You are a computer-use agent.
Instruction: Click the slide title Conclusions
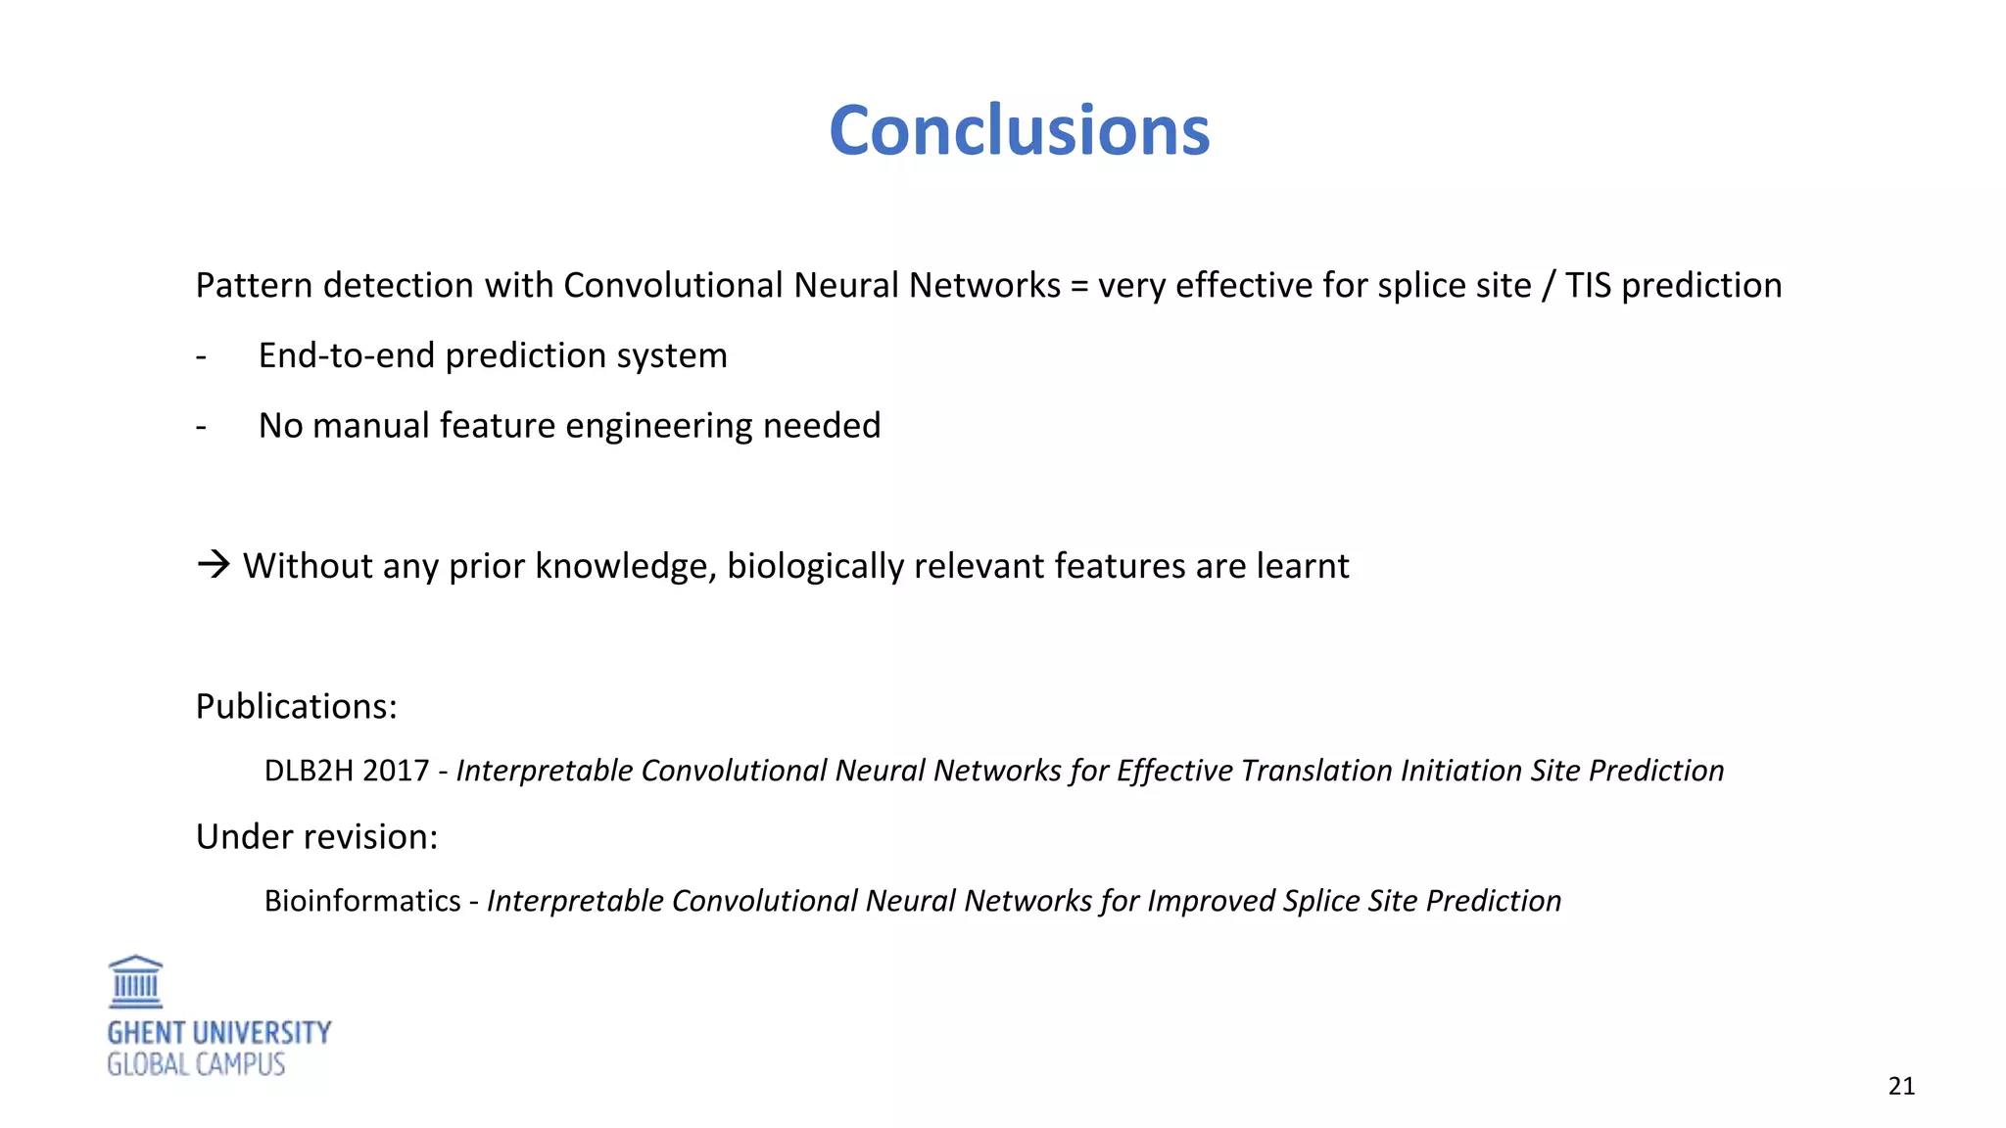pyautogui.click(x=1019, y=130)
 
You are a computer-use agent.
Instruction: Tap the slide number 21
pyautogui.click(x=1901, y=1086)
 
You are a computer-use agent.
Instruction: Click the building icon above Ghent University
pyautogui.click(x=135, y=982)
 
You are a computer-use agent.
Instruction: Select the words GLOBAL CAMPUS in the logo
pyautogui.click(x=196, y=1064)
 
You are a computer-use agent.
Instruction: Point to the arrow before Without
pyautogui.click(x=213, y=564)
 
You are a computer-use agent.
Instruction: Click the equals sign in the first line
pyautogui.click(x=1079, y=286)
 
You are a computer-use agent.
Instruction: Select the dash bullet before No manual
pyautogui.click(x=201, y=427)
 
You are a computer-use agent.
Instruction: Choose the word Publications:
pyautogui.click(x=296, y=706)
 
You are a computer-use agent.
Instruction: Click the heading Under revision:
pyautogui.click(x=316, y=837)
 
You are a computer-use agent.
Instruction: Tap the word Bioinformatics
pyautogui.click(x=362, y=901)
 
